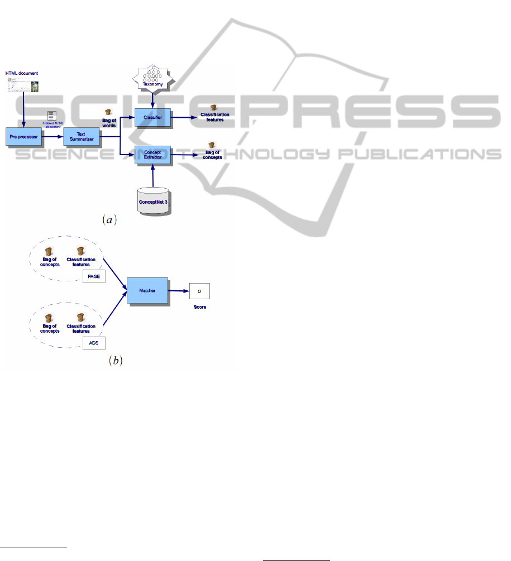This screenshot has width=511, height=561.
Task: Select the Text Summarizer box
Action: tap(80, 136)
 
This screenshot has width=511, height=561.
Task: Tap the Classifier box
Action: tap(152, 118)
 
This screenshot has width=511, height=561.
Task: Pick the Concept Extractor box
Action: tap(152, 155)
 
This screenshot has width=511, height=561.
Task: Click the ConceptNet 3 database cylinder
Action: tap(152, 199)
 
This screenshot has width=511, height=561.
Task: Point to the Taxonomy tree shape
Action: tap(152, 79)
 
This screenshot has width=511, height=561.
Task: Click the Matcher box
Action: tap(147, 290)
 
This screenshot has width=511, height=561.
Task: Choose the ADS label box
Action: tap(94, 343)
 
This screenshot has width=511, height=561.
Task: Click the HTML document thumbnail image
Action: tap(22, 85)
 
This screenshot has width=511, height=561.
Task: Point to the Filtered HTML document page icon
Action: tap(51, 116)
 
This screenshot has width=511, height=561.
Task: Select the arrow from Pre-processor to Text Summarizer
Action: tap(52, 136)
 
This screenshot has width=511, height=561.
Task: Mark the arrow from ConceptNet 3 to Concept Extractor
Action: tap(152, 177)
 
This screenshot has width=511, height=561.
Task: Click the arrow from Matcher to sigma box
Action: tap(178, 291)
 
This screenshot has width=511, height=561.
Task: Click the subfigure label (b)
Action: tap(114, 361)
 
